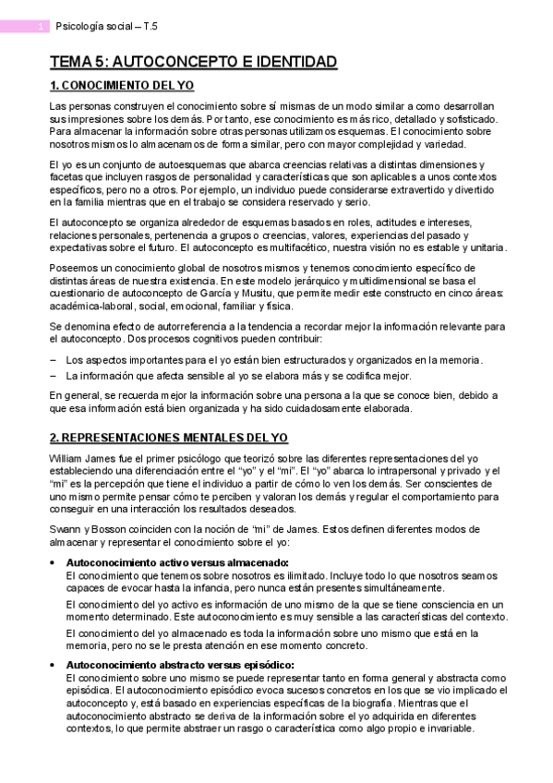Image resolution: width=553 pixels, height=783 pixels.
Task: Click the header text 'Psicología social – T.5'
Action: tap(106, 27)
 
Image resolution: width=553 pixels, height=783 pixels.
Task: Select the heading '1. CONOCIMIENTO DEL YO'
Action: tap(122, 86)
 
